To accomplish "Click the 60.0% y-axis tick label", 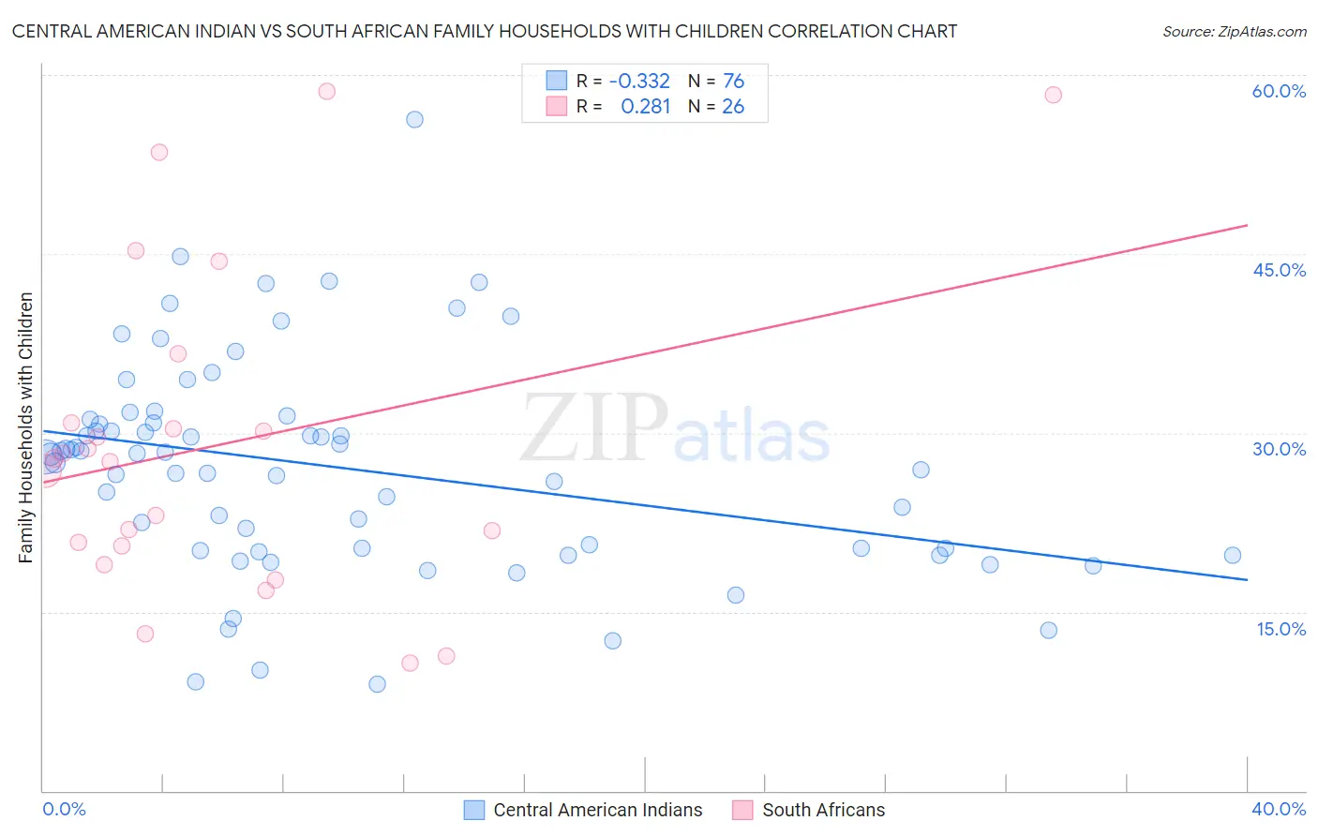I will [1279, 91].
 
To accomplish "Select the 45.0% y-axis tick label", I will [1279, 270].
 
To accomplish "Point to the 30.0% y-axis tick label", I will [1279, 449].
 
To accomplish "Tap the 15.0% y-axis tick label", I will [1281, 629].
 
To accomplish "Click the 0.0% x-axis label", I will [64, 809].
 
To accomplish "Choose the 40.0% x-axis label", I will [1278, 809].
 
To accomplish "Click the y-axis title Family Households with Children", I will [25, 427].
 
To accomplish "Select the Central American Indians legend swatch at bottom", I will [474, 810].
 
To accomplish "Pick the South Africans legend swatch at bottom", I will [742, 810].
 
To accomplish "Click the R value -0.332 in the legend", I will [639, 82].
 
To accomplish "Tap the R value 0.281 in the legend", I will [645, 107].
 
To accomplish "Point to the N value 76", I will [733, 82].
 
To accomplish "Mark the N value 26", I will [733, 107].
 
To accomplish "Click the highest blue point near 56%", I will [414, 119].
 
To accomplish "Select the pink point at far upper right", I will [1053, 95].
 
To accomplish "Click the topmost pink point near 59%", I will [326, 91].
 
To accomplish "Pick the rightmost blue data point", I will [1233, 555].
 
